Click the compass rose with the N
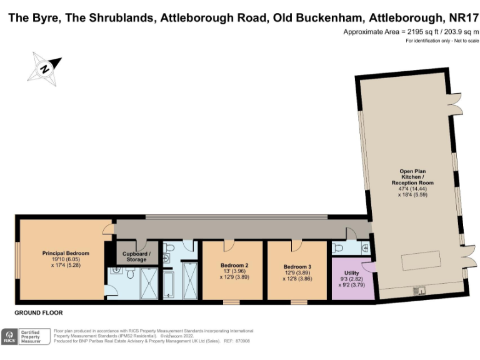pos(44,67)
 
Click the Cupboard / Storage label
pos(137,257)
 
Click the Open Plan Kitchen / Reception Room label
pos(416,182)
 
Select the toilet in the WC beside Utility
pos(365,248)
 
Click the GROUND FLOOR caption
pos(39,312)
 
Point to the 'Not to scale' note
pos(465,41)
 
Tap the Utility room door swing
pos(369,267)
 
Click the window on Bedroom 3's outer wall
pos(298,302)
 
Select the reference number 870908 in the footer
pos(241,341)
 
